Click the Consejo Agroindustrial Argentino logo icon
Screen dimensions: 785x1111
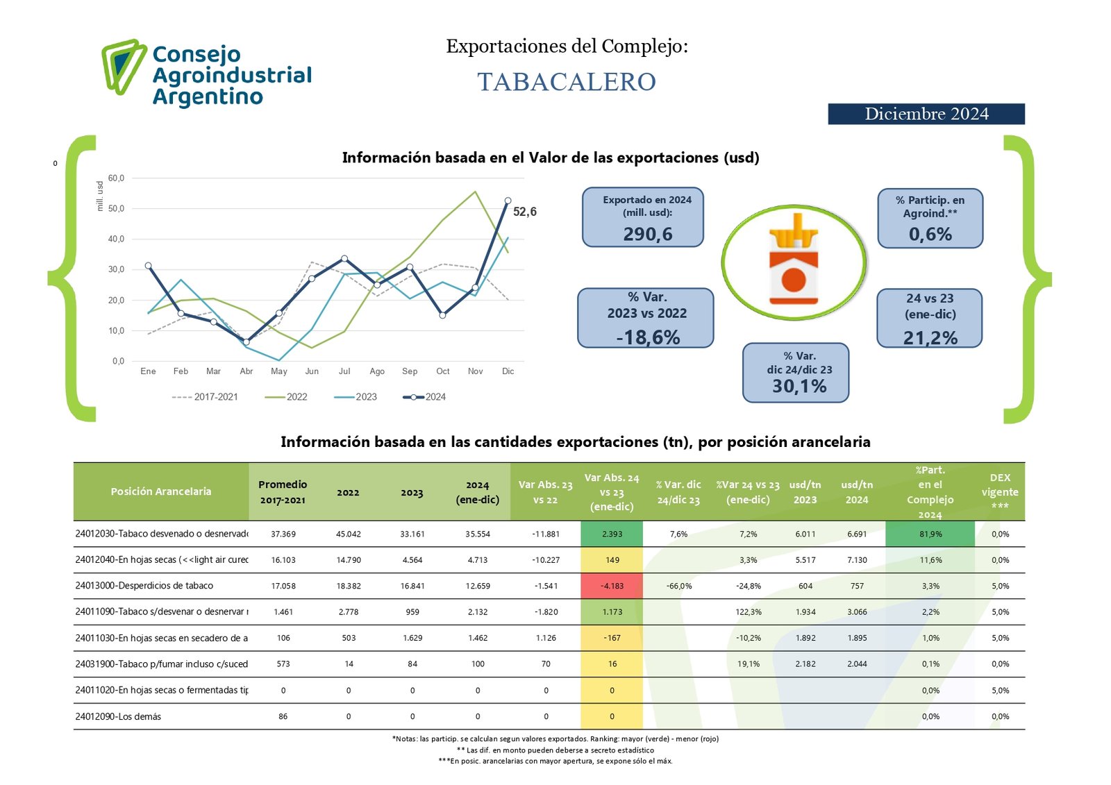pos(124,66)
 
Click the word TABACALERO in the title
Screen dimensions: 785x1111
pos(566,82)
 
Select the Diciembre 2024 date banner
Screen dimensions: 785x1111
pos(926,114)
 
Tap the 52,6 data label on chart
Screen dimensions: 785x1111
pos(524,212)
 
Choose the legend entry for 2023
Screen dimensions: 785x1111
pos(356,397)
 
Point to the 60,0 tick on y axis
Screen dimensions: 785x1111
pos(116,178)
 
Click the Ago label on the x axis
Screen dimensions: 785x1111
pos(377,371)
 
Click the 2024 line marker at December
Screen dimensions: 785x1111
pos(508,201)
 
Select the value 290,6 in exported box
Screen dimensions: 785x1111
pos(647,234)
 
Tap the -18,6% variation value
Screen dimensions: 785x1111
pos(647,337)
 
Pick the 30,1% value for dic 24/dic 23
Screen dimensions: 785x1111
pos(799,387)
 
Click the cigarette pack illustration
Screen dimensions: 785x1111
pos(794,262)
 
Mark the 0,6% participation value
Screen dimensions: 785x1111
pos(930,235)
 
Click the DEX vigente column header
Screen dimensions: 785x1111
pos(999,491)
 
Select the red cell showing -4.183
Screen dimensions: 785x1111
pos(612,586)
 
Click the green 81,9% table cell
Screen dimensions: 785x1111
pos(930,534)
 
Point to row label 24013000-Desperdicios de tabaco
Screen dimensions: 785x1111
pos(144,586)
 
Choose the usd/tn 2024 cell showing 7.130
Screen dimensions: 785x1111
pos(857,560)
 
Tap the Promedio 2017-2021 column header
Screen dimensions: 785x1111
pos(283,491)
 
